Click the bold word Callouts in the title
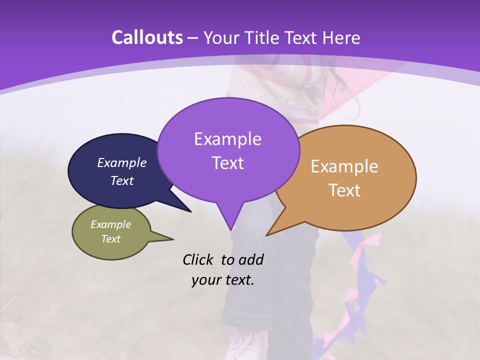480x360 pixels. [x=147, y=37]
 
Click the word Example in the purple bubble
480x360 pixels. [x=227, y=139]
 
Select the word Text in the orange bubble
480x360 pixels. [x=345, y=190]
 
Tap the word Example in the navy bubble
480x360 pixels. [x=122, y=162]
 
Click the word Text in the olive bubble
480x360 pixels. [x=111, y=239]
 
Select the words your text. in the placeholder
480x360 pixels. [x=223, y=280]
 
